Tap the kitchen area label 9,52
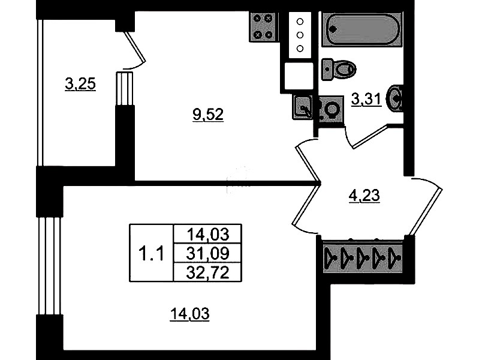tap(207, 116)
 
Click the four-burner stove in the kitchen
tap(263, 26)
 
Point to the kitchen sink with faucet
tap(304, 108)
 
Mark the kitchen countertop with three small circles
tap(300, 35)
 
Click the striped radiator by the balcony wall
tap(123, 88)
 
